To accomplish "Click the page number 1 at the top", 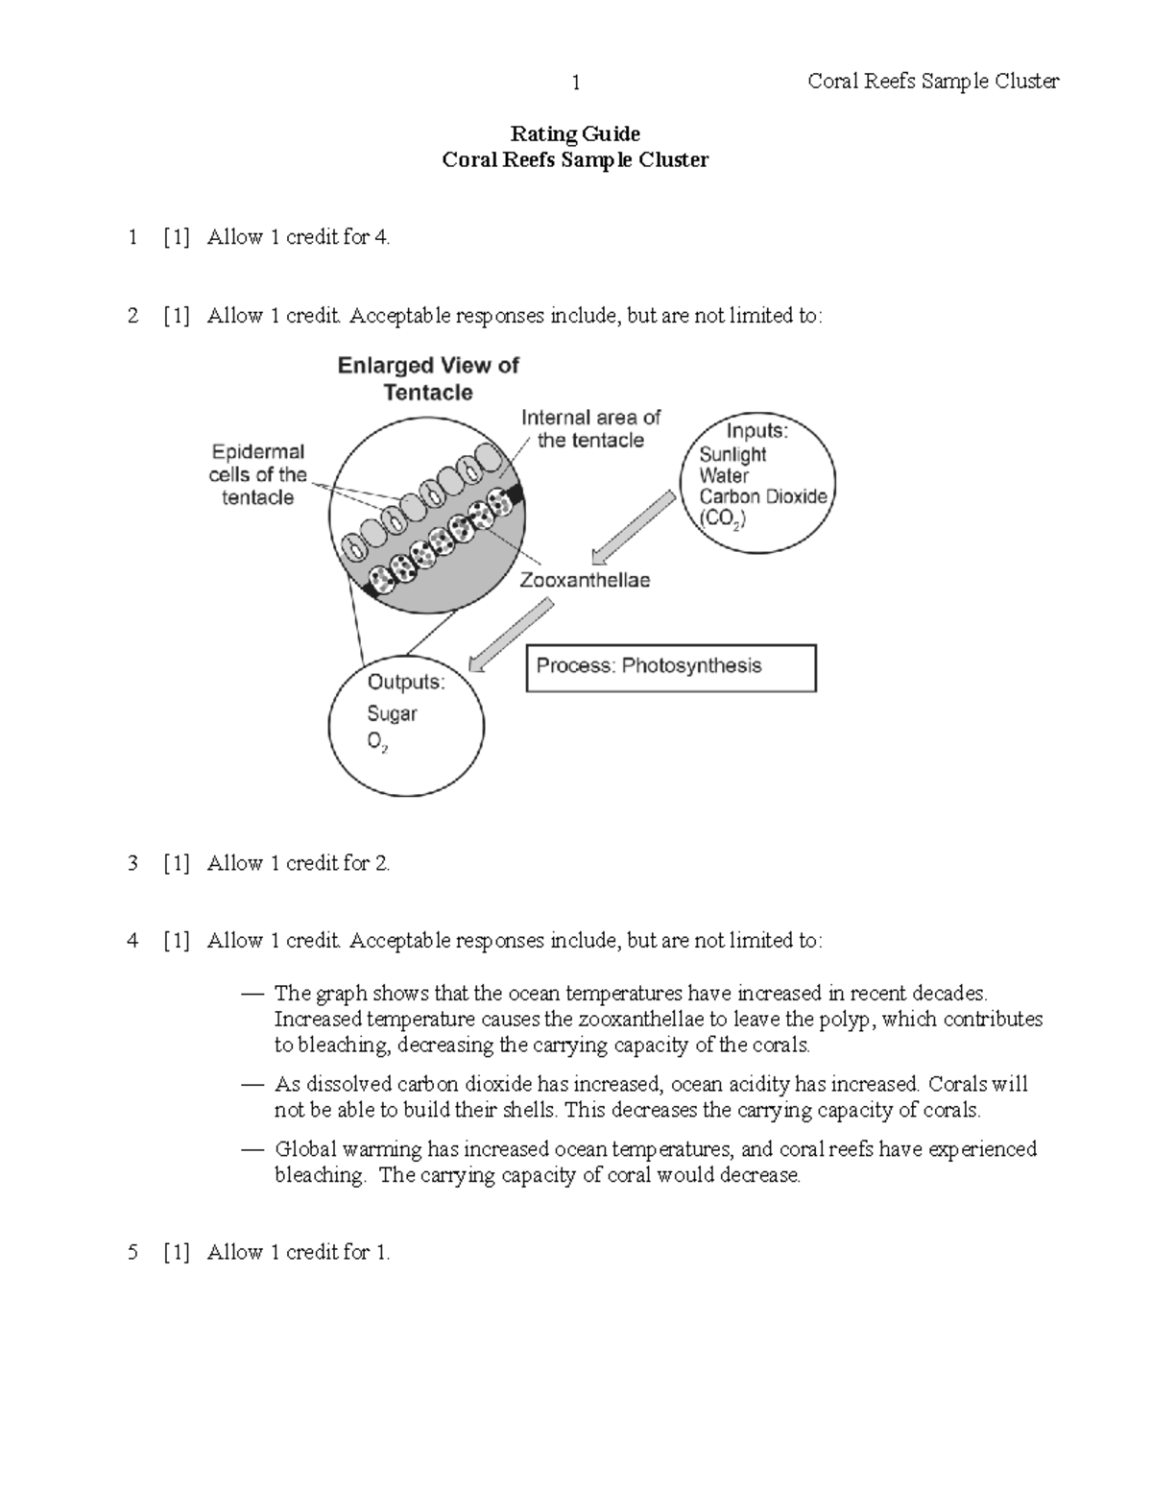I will pos(575,83).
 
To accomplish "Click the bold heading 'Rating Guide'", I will pos(575,133).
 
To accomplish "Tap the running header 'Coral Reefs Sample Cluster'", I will pos(933,82).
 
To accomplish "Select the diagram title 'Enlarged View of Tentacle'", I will pos(428,378).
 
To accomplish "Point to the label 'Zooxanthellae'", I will pos(585,580).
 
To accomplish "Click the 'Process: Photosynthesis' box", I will pos(670,667).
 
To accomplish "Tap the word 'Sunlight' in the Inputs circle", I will pos(732,454).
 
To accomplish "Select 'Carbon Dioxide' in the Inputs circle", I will pos(762,496).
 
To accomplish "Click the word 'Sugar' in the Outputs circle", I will pos(392,713).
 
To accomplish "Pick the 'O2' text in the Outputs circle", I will pos(377,743).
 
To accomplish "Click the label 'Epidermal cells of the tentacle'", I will pos(258,474).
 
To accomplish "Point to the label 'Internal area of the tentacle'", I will pos(590,428).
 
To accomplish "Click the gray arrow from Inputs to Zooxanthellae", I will pos(633,527).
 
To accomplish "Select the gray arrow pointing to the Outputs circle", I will pos(512,635).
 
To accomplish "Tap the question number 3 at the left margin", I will pos(132,863).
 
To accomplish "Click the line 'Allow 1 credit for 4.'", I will pos(299,237).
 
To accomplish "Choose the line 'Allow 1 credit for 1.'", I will pos(299,1252).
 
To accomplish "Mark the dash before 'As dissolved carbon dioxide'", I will pos(252,1085).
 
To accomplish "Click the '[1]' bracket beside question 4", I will pos(176,941).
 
